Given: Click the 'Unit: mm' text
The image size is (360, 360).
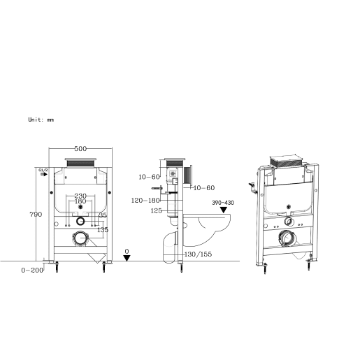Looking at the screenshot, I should click(x=41, y=120).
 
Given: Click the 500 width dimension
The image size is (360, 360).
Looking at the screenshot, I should click(x=80, y=149).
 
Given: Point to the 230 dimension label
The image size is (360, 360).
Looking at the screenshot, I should click(x=80, y=196).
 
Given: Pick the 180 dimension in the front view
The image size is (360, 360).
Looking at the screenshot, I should click(x=80, y=203).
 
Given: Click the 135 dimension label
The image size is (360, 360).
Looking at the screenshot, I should click(x=102, y=229).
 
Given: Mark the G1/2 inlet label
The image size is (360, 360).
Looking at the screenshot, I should click(x=42, y=170).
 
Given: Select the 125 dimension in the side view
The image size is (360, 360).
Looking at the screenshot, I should click(x=156, y=210).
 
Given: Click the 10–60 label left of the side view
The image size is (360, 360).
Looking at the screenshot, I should click(x=150, y=177).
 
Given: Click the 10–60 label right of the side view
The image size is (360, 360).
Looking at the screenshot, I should click(x=203, y=187).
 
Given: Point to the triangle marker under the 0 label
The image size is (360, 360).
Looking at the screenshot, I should click(x=127, y=258).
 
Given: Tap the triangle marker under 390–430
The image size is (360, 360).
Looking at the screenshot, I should click(x=224, y=209).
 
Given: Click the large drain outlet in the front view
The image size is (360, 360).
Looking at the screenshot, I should click(x=80, y=238).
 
